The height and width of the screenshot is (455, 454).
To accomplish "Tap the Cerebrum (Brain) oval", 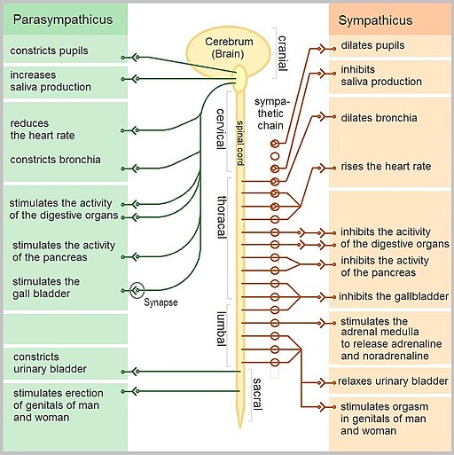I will tap(227, 50).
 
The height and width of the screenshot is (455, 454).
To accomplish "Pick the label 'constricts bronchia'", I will tap(55, 161).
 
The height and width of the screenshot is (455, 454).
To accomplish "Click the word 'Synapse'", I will tap(160, 302).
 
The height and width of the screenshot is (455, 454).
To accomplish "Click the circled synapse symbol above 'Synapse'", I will tap(136, 290).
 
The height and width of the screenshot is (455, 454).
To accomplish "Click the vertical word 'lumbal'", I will tap(223, 328).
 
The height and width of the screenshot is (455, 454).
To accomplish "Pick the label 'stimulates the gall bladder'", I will tap(46, 288).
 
